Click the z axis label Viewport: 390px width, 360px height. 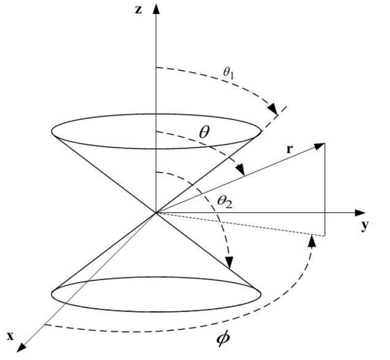[x=139, y=10]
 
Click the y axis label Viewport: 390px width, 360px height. [x=364, y=227]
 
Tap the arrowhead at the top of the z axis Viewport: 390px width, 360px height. [x=156, y=8]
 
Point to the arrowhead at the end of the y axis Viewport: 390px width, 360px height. [x=360, y=213]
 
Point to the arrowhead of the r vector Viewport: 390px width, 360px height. [x=319, y=145]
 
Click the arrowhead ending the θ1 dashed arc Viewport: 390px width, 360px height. [x=273, y=110]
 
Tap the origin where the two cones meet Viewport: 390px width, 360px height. [x=156, y=213]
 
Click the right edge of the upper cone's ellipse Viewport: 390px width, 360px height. [x=261, y=132]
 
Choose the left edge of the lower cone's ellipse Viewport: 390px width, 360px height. [x=52, y=294]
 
